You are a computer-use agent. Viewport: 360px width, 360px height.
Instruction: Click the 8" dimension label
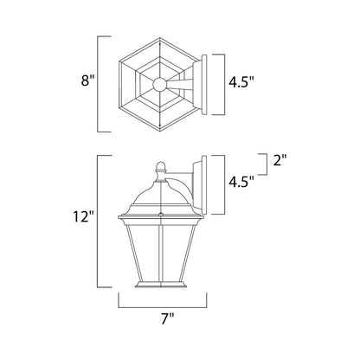(87, 80)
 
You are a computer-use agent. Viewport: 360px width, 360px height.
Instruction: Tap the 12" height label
(84, 216)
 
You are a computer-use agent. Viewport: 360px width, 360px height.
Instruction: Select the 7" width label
(168, 319)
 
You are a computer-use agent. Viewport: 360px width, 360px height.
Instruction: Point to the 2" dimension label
(280, 160)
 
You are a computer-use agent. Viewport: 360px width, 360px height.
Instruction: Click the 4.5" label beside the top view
(241, 82)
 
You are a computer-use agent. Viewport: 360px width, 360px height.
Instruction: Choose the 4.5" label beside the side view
(241, 182)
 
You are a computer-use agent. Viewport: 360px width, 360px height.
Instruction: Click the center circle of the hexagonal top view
(159, 84)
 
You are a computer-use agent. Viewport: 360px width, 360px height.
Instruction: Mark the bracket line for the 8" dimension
(98, 84)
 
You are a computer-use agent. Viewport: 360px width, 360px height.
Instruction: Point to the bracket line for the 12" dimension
(98, 222)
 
